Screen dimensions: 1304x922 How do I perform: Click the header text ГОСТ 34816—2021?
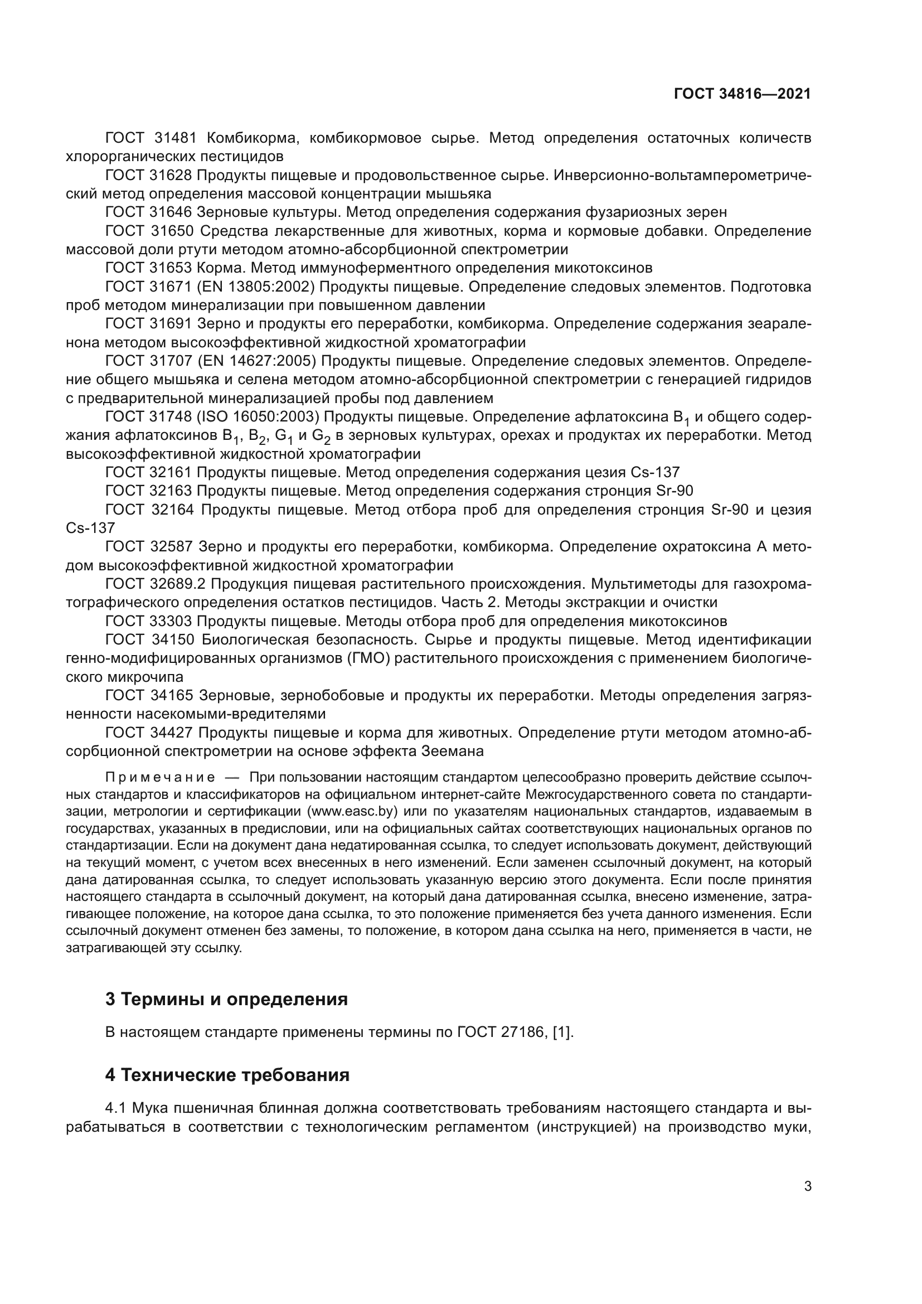pos(742,94)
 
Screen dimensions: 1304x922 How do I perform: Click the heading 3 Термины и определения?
pos(226,999)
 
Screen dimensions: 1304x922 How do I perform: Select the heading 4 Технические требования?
pos(227,1075)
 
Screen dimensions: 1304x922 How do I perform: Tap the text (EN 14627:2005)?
pos(261,361)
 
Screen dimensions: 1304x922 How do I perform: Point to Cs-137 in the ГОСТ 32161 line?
pos(654,473)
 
